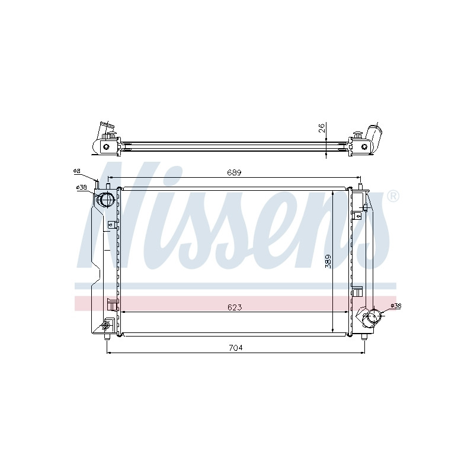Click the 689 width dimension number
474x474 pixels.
tap(234, 172)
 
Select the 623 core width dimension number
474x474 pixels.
tap(235, 308)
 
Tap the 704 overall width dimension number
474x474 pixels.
tap(236, 348)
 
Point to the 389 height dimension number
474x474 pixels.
tap(328, 261)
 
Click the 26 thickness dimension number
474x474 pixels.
tap(322, 128)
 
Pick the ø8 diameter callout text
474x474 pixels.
tap(77, 171)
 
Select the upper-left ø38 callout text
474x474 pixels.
tap(82, 187)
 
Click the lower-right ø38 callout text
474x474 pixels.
tap(396, 306)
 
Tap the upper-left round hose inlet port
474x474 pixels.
tap(106, 200)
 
